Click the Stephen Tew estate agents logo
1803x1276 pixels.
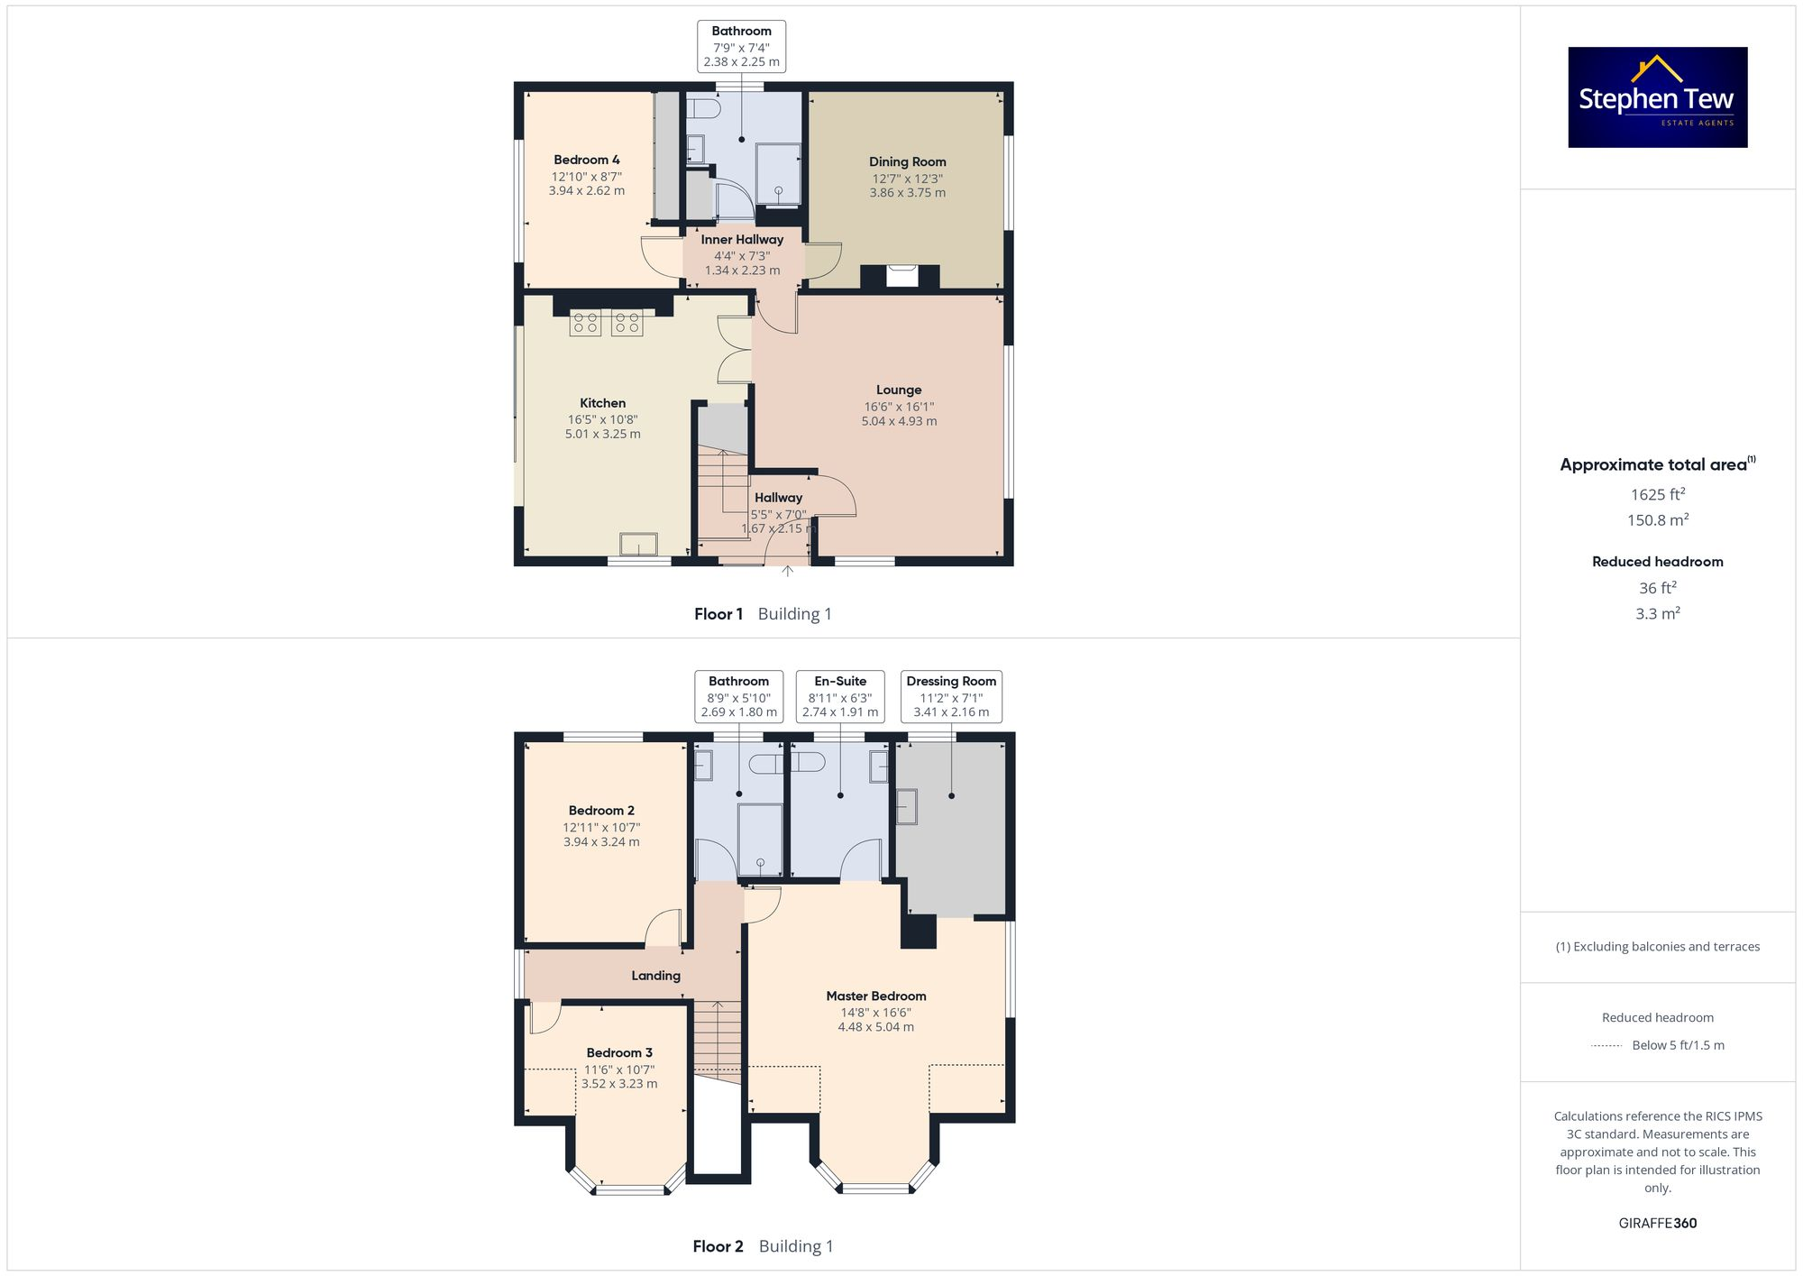click(1657, 97)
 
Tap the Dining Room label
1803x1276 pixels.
click(907, 161)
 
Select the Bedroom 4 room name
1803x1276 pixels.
click(586, 160)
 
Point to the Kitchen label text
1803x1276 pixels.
click(602, 403)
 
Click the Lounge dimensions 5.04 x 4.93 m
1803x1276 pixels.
click(899, 421)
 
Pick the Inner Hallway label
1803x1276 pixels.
click(742, 239)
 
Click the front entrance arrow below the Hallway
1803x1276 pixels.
click(787, 571)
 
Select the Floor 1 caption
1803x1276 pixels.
click(718, 614)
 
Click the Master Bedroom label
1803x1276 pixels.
click(875, 996)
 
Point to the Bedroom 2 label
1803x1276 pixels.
click(601, 811)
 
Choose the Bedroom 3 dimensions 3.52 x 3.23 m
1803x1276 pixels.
click(619, 1084)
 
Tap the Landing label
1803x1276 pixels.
click(655, 976)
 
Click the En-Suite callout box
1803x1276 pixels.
click(839, 696)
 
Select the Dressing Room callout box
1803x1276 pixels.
click(951, 696)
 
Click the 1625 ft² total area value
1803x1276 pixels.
click(1657, 494)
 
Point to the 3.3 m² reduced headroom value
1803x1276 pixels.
click(1657, 613)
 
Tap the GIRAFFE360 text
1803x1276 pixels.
click(1657, 1223)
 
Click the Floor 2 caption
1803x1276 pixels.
click(718, 1246)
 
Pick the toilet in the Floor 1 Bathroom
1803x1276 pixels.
click(703, 110)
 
